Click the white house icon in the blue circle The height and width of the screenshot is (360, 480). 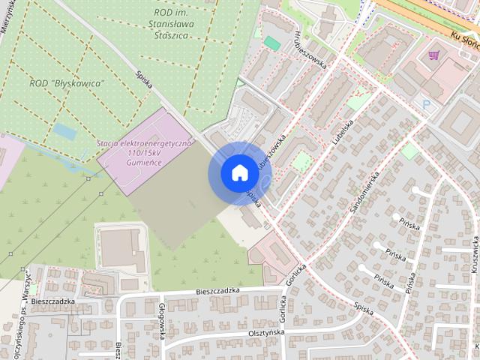(x=238, y=172)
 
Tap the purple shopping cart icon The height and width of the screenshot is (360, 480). (x=433, y=55)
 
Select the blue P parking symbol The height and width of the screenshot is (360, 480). (x=427, y=105)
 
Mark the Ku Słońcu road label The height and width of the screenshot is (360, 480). (x=466, y=43)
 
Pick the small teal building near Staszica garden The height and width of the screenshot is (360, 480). (x=272, y=43)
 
